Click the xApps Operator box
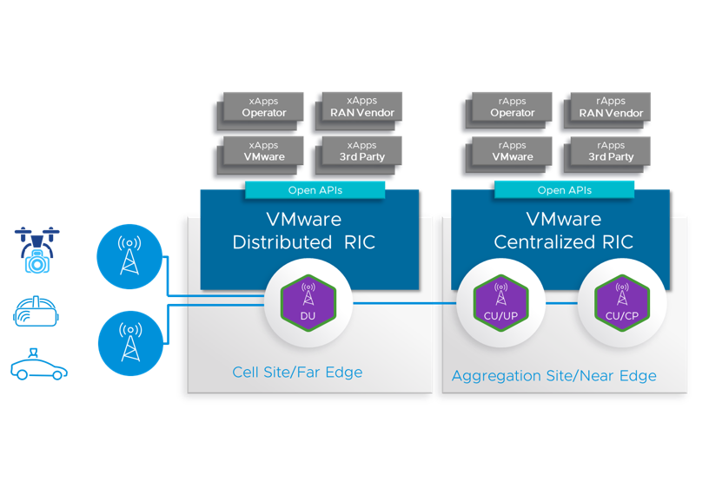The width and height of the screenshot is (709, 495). click(264, 107)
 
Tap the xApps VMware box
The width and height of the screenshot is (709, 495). click(264, 151)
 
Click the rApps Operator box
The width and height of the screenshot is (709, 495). click(513, 107)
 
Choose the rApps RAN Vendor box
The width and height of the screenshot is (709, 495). click(611, 107)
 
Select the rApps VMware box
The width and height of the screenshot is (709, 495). click(513, 151)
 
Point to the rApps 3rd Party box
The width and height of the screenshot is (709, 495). click(611, 151)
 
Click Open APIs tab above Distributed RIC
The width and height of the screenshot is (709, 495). click(315, 190)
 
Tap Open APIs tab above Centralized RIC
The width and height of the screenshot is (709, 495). click(564, 190)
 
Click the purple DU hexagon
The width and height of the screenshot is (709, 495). click(308, 301)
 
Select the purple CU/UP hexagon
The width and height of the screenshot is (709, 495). click(500, 301)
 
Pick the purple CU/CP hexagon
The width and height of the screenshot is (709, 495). click(622, 301)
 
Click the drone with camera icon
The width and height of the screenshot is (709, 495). click(37, 249)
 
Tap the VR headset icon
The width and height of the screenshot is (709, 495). click(36, 312)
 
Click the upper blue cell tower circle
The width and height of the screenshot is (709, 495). click(129, 256)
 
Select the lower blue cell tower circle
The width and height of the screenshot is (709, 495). click(129, 344)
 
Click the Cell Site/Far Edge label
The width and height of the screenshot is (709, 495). click(297, 373)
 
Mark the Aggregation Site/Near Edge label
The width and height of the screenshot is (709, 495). click(554, 376)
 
